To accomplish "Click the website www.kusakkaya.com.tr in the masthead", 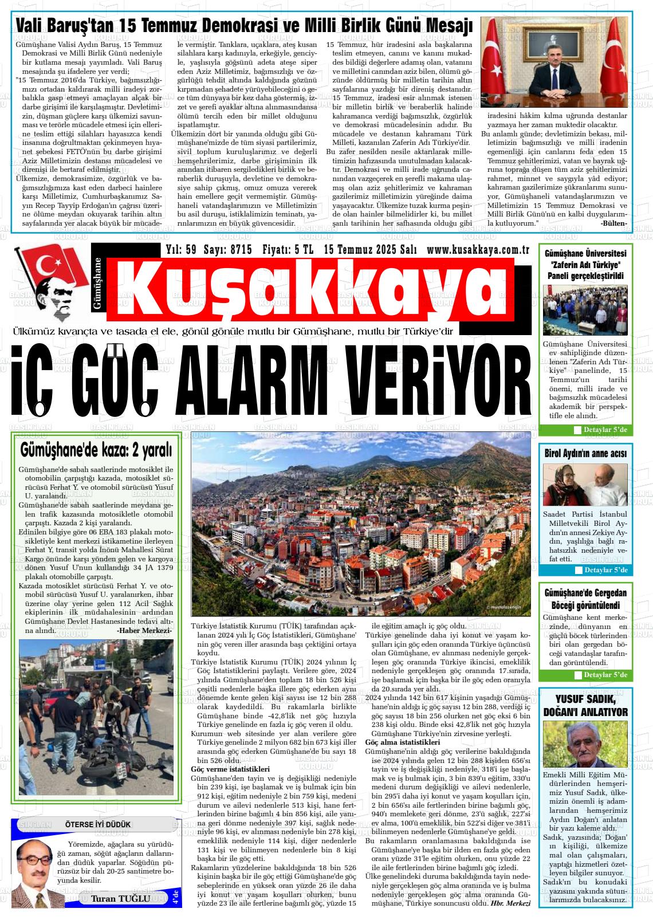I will point(478,250).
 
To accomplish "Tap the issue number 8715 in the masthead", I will point(227,250).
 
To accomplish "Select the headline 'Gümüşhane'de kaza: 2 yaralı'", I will point(96,451).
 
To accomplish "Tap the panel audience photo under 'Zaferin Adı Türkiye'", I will point(585,310).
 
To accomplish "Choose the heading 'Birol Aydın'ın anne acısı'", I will point(585,454).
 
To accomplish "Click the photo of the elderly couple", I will point(585,485).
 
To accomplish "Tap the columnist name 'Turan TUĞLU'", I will point(120,898).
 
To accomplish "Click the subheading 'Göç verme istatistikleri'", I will point(230,769).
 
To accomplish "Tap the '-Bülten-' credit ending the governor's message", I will point(613,223).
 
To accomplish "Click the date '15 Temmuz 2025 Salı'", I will point(370,250).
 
